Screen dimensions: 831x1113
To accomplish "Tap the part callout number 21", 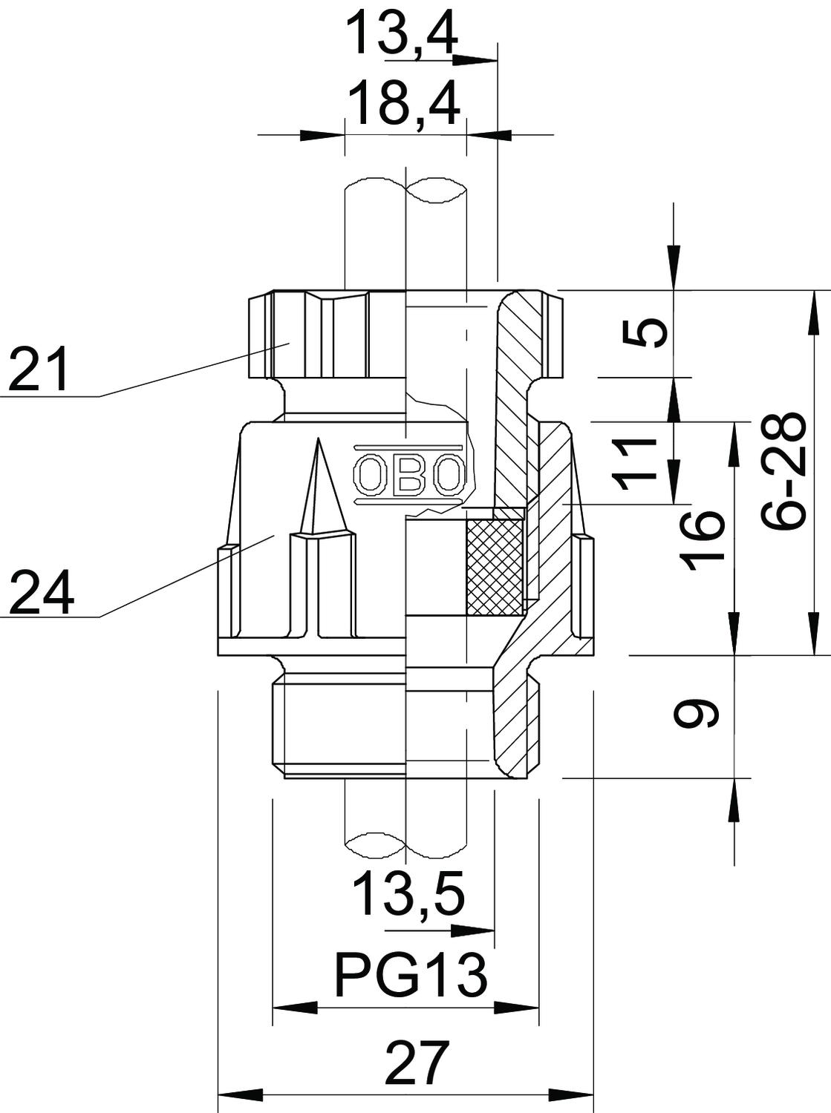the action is point(38,369).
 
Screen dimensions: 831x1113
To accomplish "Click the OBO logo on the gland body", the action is point(409,476).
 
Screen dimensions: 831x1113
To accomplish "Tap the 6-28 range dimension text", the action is point(784,470).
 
